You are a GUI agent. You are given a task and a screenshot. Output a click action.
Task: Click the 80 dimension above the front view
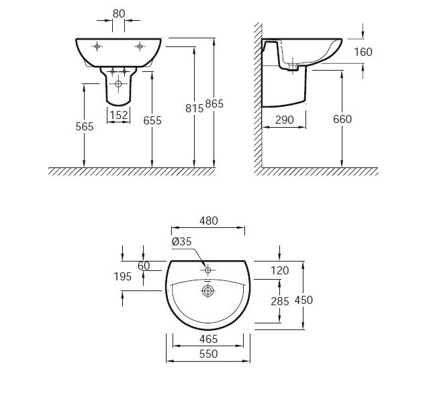tap(119, 13)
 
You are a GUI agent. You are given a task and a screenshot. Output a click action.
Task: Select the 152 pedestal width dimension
tap(119, 116)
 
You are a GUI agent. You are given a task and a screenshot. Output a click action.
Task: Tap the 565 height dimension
tap(85, 126)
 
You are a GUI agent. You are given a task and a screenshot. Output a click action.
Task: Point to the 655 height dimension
tap(152, 120)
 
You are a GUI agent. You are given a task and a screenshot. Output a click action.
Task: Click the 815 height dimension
tap(194, 108)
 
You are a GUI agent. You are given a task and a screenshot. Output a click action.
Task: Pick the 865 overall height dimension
tap(214, 104)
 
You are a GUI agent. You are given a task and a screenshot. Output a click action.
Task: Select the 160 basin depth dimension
tap(363, 52)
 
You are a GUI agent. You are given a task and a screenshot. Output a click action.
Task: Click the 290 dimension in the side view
tap(285, 120)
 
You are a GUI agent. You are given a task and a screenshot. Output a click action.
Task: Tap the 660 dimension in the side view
tap(342, 119)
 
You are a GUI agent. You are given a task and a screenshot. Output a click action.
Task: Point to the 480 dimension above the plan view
tap(209, 221)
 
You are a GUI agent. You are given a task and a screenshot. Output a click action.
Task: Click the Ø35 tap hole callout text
tap(181, 241)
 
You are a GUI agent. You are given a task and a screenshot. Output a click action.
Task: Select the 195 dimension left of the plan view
tap(122, 276)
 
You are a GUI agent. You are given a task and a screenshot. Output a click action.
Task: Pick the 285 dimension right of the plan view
tap(280, 301)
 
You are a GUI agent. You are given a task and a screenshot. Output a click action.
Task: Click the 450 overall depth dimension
tap(303, 300)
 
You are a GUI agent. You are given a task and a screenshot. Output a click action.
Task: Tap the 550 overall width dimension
tap(208, 354)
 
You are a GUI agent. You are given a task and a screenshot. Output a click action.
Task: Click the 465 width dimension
tap(209, 339)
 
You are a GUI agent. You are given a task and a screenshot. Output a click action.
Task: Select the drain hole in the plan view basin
tap(207, 290)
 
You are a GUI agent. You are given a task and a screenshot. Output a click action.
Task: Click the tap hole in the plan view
tap(207, 270)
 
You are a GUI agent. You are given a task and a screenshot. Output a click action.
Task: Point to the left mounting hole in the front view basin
tap(97, 46)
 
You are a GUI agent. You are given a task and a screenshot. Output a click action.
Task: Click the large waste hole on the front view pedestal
tap(118, 84)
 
